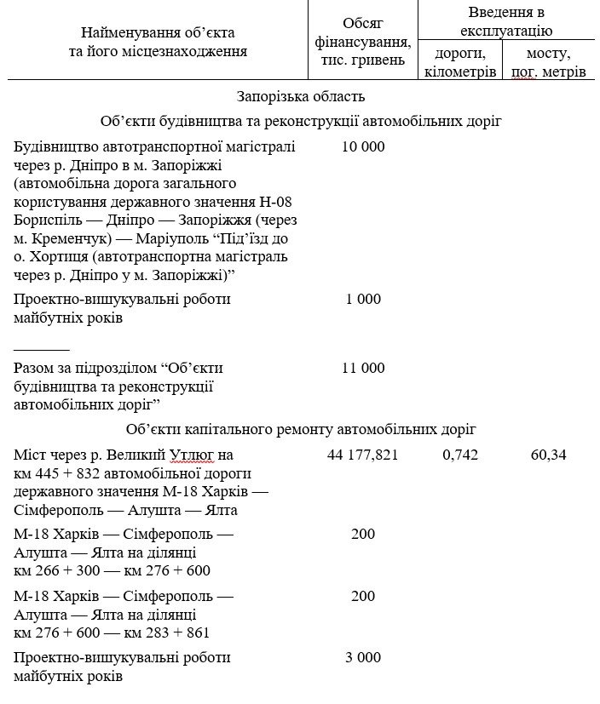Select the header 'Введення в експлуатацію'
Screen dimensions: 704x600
coord(506,22)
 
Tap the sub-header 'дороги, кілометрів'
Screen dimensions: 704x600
coord(460,63)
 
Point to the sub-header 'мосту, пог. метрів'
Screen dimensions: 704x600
coord(549,63)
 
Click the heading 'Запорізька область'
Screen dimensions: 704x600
coord(301,96)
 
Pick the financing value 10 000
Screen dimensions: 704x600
coord(363,146)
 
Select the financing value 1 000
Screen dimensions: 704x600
coord(363,300)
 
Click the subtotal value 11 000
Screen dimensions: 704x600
coord(363,369)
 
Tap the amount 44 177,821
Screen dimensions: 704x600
coord(363,455)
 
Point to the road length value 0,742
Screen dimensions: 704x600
coord(460,455)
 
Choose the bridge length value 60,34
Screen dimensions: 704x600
coord(549,455)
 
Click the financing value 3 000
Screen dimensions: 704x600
coord(363,658)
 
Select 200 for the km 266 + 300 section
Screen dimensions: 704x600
coord(363,534)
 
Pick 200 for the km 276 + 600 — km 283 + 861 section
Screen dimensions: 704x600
coord(363,596)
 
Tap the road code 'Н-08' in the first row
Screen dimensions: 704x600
coord(272,202)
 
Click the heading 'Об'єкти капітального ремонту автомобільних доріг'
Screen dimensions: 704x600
coord(301,429)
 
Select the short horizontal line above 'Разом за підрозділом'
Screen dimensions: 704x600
coord(42,348)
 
